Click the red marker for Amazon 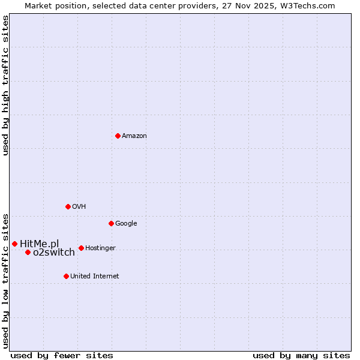pos(118,136)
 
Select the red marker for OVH pos(68,206)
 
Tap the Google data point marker pos(111,223)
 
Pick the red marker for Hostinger pos(81,248)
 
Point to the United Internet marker pos(66,276)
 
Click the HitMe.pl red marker pos(14,244)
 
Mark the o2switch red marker pos(28,252)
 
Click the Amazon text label pos(134,136)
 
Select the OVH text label pos(79,207)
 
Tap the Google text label pos(126,224)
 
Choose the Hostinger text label pos(100,248)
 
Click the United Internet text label pos(94,277)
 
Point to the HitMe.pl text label pos(40,244)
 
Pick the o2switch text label pos(54,253)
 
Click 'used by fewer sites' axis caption pos(62,355)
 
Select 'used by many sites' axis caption pos(301,355)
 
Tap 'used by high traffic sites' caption pos(5,85)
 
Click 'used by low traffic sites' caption pos(5,280)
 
